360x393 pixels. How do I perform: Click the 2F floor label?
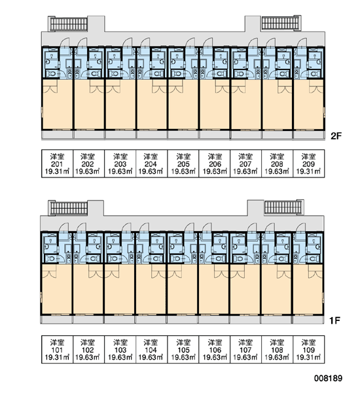click(x=336, y=136)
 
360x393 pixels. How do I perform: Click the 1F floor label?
click(x=334, y=320)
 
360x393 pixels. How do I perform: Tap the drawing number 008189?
click(x=328, y=378)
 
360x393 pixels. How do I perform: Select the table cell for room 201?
click(x=58, y=164)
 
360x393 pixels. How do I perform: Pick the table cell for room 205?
click(x=183, y=164)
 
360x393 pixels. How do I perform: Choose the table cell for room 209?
click(x=309, y=164)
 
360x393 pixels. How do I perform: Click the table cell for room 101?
click(x=58, y=349)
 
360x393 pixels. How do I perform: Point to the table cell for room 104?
click(x=152, y=349)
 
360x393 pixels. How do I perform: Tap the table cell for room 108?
click(x=278, y=349)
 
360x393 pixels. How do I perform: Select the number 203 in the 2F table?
click(x=120, y=164)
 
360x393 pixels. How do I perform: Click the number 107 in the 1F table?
click(x=245, y=350)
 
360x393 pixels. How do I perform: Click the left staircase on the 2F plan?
click(x=69, y=24)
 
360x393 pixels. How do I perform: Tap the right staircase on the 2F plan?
click(x=280, y=23)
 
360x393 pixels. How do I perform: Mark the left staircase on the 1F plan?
click(x=69, y=208)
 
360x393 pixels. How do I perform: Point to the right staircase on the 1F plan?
click(x=283, y=207)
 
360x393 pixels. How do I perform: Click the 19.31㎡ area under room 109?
click(x=309, y=357)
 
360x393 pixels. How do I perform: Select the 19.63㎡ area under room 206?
click(x=215, y=172)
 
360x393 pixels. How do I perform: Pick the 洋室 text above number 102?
click(x=88, y=343)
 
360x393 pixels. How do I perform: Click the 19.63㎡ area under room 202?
click(x=88, y=172)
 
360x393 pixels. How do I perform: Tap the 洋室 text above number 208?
click(x=278, y=157)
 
